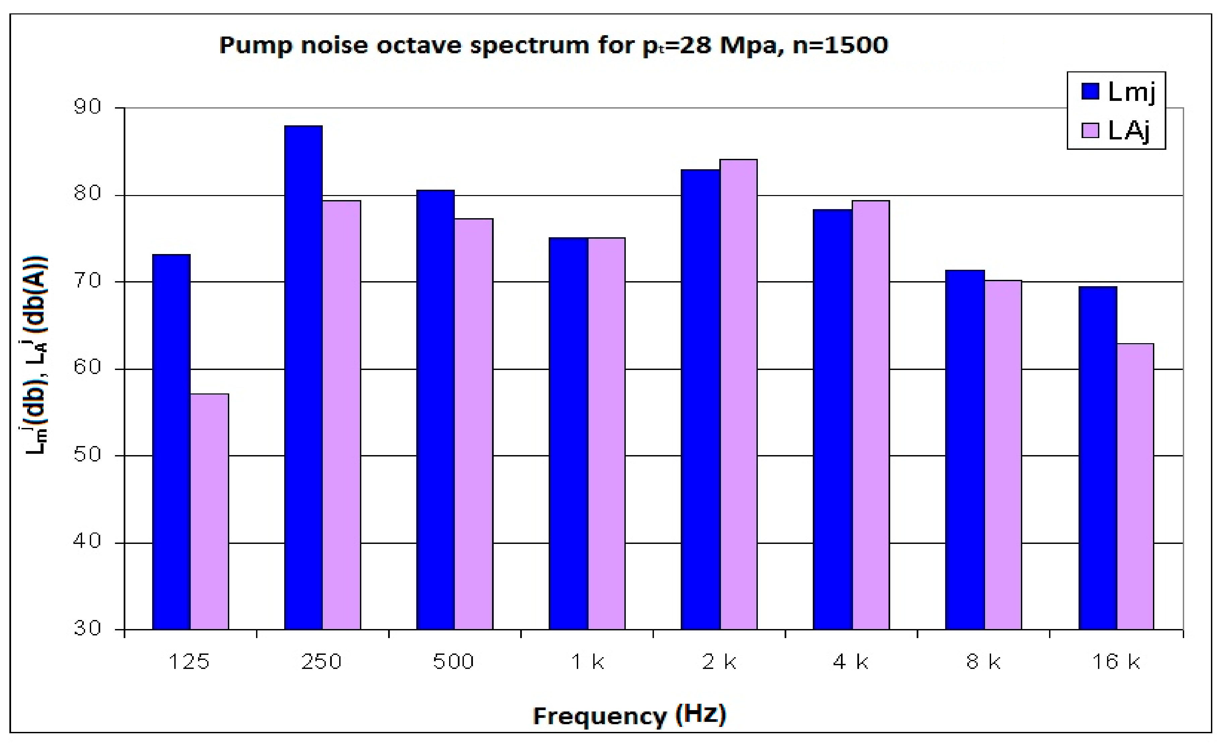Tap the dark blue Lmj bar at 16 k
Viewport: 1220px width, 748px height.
click(x=1098, y=458)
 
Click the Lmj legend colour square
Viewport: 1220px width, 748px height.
click(x=1090, y=91)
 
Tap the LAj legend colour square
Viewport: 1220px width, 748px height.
click(x=1090, y=131)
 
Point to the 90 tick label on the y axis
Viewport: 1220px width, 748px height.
click(x=87, y=107)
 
